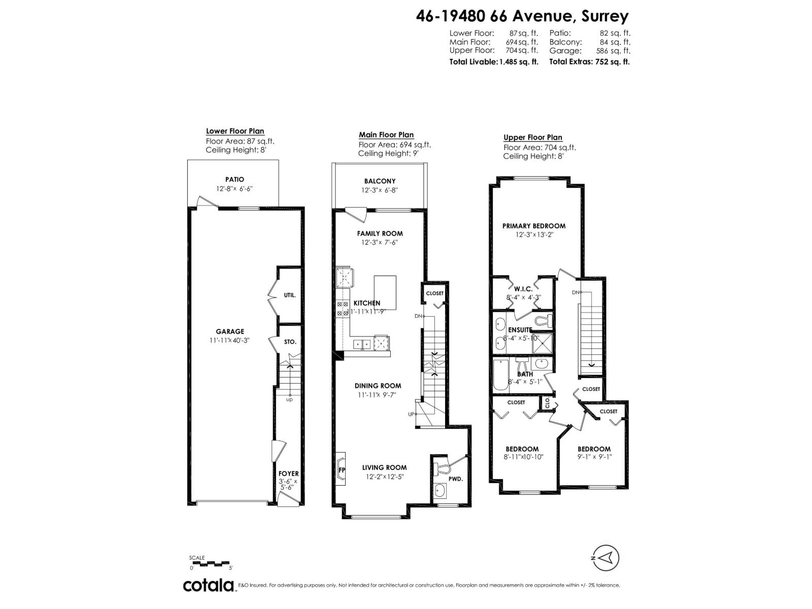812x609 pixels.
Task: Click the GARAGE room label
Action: click(229, 331)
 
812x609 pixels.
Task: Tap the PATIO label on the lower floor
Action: click(234, 179)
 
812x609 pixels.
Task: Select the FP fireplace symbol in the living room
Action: click(342, 470)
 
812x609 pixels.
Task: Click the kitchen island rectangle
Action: click(385, 292)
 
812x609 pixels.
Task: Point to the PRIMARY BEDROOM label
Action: click(534, 226)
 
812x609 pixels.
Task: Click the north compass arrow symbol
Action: click(605, 558)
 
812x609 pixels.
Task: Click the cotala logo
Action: click(208, 585)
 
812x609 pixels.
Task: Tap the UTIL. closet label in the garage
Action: click(290, 295)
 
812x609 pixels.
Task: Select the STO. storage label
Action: click(290, 342)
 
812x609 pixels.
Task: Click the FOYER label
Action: click(289, 473)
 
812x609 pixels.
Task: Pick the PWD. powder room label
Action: click(456, 479)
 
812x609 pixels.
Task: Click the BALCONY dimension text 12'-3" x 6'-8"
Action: click(380, 190)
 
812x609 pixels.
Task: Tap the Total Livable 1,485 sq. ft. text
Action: click(494, 62)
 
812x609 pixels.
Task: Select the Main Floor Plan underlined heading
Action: click(386, 135)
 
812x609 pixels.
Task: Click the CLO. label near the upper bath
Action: click(547, 403)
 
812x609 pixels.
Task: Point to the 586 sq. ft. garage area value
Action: click(613, 51)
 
